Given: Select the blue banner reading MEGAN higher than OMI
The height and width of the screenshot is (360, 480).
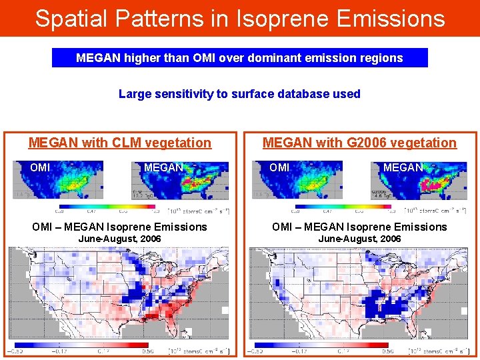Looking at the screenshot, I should pos(239,58).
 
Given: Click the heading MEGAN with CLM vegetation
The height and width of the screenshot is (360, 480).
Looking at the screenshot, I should pos(120,143).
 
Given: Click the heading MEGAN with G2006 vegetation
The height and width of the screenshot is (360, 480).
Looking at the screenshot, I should pos(359,143).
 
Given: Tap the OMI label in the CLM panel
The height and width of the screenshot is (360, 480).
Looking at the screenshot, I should pos(40,167).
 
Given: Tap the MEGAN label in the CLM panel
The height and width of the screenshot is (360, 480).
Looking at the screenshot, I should pos(163,167).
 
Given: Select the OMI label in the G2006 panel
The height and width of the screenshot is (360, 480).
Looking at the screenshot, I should pos(279,167).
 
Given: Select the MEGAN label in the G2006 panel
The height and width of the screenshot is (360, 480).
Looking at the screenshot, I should pos(403,167).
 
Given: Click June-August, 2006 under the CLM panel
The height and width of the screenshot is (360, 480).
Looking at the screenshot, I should pos(120,239).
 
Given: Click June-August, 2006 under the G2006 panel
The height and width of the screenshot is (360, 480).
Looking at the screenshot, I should pos(359,239).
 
